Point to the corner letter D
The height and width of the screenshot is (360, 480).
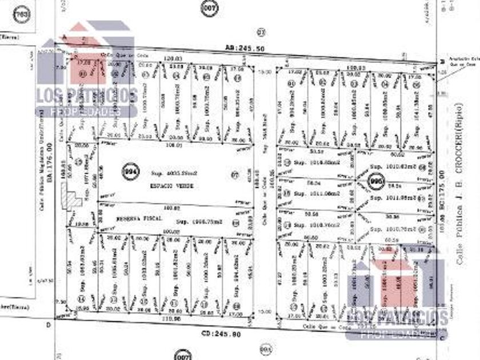click(x=49, y=324)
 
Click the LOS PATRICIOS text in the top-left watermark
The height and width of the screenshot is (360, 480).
click(x=87, y=95)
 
